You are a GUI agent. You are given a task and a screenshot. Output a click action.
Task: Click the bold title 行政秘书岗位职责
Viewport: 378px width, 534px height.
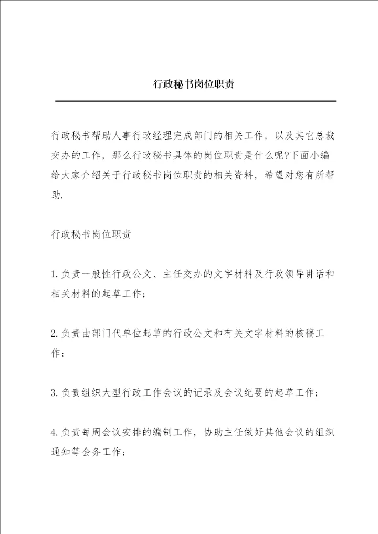(193, 84)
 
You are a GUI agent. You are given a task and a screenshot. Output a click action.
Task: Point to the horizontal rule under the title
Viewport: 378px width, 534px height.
(195, 101)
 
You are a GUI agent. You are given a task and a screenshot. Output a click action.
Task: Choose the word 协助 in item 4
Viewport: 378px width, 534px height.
(213, 432)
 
